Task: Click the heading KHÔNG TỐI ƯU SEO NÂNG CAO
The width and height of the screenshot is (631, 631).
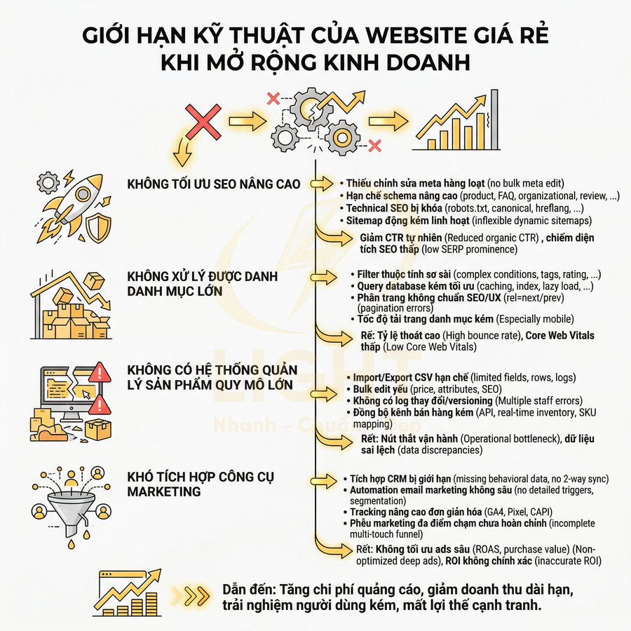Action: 214,184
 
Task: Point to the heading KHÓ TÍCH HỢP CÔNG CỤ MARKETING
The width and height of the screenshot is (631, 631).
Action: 201,484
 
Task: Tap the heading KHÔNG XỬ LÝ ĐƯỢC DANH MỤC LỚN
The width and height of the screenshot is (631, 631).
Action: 203,284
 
